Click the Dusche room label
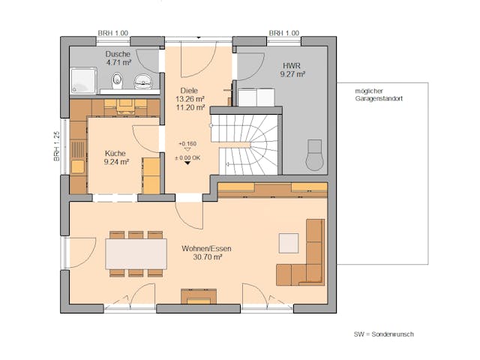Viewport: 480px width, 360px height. [118, 54]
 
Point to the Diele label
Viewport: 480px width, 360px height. [189, 89]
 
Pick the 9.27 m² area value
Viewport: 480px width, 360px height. [292, 74]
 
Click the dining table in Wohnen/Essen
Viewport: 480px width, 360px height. [136, 253]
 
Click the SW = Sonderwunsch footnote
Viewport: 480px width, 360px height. [384, 334]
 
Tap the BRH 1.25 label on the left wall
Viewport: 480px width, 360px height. [56, 145]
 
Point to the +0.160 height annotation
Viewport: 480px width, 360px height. [187, 142]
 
